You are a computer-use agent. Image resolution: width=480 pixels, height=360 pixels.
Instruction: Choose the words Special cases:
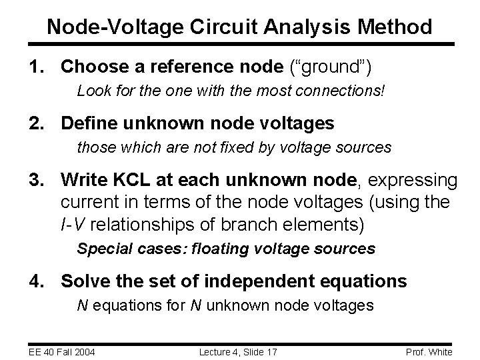[132, 249]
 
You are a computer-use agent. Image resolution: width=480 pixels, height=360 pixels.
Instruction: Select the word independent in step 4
[261, 281]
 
